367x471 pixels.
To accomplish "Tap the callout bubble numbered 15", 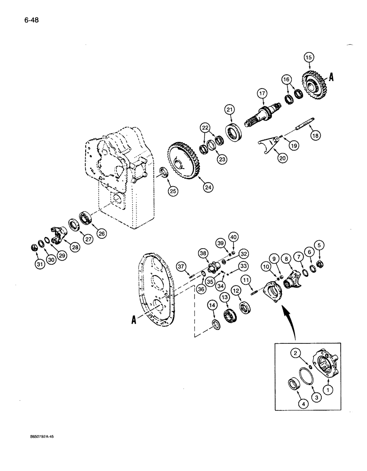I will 308,57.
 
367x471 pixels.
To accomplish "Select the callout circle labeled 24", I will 207,187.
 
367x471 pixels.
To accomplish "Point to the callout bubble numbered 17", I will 262,93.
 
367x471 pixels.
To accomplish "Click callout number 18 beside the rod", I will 314,135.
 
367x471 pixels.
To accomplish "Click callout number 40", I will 233,236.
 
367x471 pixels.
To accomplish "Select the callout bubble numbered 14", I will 212,307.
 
